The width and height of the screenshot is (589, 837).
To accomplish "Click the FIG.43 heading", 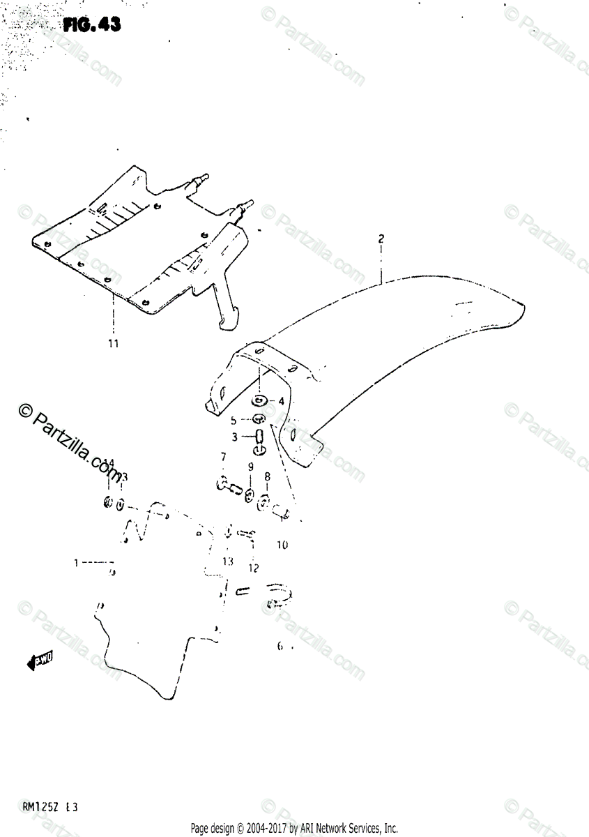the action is tap(91, 25).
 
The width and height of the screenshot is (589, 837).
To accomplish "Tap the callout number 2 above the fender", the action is tap(381, 239).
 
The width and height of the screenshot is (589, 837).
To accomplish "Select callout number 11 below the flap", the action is tap(113, 343).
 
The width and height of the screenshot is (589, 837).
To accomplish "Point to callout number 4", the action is tap(281, 401).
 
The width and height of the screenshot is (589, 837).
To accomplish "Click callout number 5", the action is tap(234, 421).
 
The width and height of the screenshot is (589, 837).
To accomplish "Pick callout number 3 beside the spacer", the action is tap(235, 437).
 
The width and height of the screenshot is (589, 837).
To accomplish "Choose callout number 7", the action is tap(223, 457).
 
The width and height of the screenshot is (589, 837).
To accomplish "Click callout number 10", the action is tap(282, 545).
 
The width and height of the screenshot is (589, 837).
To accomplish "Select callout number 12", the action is tap(253, 568).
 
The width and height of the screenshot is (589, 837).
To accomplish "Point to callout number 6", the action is tap(280, 647).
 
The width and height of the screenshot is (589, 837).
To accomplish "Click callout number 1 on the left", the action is tap(77, 561).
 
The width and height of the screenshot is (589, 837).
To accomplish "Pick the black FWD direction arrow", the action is tap(40, 661).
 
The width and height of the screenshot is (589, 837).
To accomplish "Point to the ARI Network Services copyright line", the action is tap(294, 829).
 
